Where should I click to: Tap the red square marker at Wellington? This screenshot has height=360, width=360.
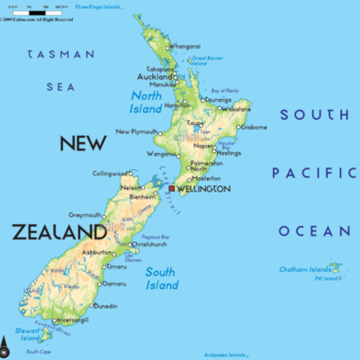171,189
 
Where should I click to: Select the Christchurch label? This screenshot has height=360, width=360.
148,244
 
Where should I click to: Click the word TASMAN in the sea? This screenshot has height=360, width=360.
61,54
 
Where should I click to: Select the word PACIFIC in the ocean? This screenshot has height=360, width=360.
314,172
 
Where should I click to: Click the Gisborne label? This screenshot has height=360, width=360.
253,127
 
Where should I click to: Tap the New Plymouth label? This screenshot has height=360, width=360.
137,131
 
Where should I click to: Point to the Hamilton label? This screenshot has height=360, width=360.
178,105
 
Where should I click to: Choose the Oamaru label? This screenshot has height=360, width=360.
114,283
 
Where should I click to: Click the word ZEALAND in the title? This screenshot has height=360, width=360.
59,232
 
